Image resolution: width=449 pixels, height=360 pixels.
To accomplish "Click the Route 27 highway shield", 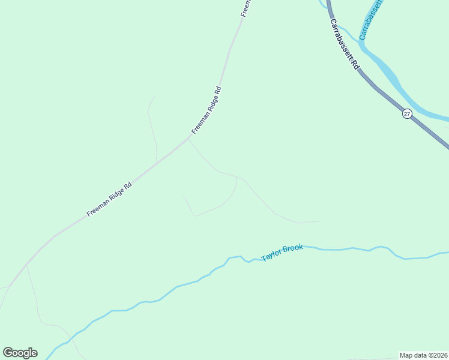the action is (x=407, y=114).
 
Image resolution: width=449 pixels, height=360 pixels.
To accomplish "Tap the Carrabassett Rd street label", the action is (x=344, y=44).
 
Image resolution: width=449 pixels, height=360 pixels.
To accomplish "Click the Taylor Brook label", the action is (x=282, y=254).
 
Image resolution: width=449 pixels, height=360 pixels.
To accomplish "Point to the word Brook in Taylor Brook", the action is (x=294, y=250).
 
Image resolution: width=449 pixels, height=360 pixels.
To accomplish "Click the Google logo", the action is (x=20, y=353).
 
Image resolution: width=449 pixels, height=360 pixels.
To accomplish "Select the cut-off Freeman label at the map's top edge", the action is (x=246, y=7).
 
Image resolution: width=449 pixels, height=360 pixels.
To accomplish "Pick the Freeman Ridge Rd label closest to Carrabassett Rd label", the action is (x=207, y=110).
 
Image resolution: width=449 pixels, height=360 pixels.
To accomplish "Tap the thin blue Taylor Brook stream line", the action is (x=180, y=286).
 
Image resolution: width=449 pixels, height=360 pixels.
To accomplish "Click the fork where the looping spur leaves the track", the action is (x=237, y=177).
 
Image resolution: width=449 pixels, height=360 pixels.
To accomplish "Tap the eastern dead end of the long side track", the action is (x=320, y=221).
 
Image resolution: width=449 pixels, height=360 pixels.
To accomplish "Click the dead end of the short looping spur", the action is (x=183, y=196).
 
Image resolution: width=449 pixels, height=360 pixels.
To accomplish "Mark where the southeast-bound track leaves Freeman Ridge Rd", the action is (x=188, y=139).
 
